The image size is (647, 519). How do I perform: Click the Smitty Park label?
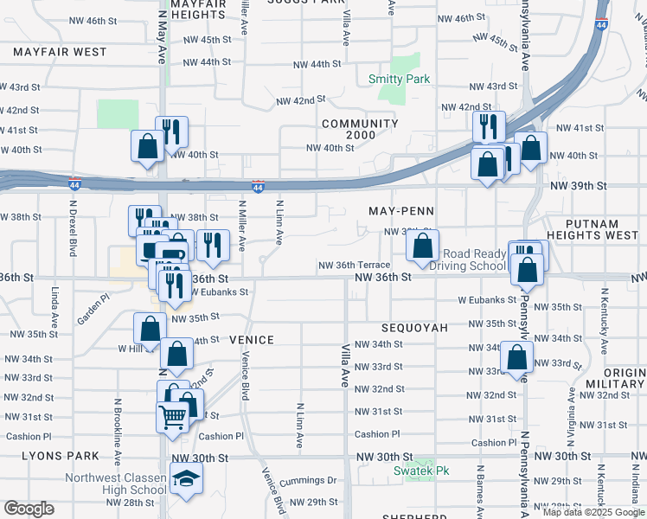[399, 79]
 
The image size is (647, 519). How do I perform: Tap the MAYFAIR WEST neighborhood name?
[60, 52]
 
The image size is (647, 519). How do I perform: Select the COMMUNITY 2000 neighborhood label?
[360, 129]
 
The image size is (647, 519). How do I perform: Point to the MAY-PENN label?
[400, 211]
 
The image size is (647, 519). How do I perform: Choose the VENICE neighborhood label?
[252, 340]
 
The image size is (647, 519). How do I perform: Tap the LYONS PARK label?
[48, 455]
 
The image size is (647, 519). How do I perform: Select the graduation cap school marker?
[185, 478]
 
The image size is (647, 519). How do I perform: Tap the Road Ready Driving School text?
[474, 260]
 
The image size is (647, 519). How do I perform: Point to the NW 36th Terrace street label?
[354, 266]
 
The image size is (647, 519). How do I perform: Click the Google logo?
[29, 509]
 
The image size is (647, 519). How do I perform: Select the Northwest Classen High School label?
[117, 484]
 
